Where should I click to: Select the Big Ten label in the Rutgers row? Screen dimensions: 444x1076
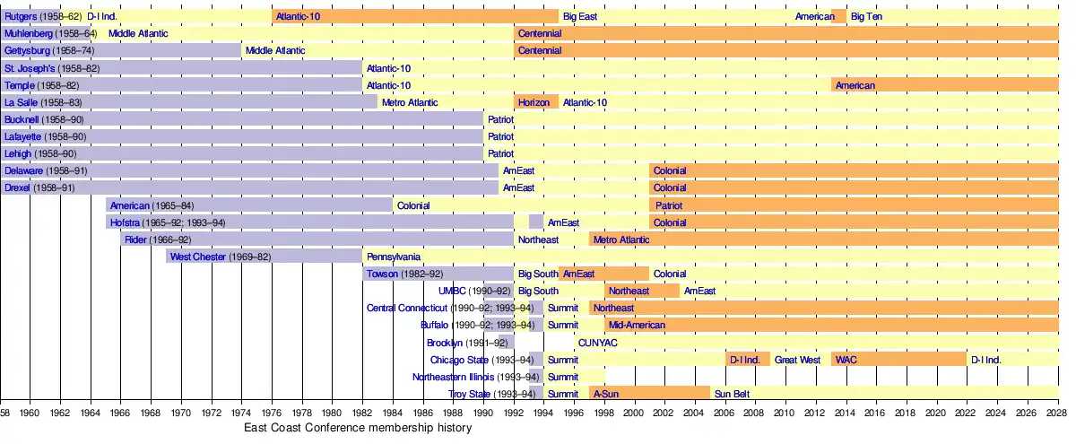[867, 16]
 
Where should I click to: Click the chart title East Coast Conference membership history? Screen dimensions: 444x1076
[358, 429]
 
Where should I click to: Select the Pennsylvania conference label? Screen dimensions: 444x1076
[394, 257]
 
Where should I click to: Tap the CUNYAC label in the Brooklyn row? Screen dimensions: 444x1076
[598, 343]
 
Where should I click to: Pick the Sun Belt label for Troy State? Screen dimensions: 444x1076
[732, 394]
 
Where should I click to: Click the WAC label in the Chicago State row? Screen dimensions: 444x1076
[846, 360]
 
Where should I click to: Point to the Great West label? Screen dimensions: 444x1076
[797, 360]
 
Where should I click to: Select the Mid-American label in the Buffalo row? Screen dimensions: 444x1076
[636, 325]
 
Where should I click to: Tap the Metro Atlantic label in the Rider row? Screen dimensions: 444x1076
[621, 239]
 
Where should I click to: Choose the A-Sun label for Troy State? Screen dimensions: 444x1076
[606, 394]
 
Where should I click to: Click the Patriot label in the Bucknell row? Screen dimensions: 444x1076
[500, 119]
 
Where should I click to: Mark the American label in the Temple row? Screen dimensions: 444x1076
[855, 85]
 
